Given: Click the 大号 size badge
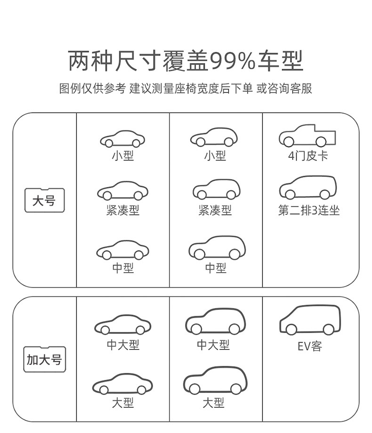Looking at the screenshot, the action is click(x=44, y=201).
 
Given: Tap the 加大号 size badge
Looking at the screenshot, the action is click(x=44, y=360).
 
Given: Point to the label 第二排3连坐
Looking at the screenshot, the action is click(x=308, y=210).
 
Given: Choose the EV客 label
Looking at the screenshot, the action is click(x=309, y=347).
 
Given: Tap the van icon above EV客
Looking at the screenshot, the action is click(x=309, y=320).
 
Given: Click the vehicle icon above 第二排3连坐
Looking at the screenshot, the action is click(x=308, y=188).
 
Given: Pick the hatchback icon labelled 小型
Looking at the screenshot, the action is click(x=214, y=137).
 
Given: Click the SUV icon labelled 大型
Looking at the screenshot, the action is click(x=215, y=381).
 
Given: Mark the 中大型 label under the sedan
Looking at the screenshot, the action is click(x=123, y=345).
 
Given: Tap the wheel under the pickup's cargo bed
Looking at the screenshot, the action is click(x=321, y=142).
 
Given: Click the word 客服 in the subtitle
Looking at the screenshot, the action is click(x=301, y=88).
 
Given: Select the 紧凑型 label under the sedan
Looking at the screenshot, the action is click(x=123, y=210).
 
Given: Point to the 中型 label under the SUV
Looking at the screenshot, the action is click(x=216, y=268).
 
